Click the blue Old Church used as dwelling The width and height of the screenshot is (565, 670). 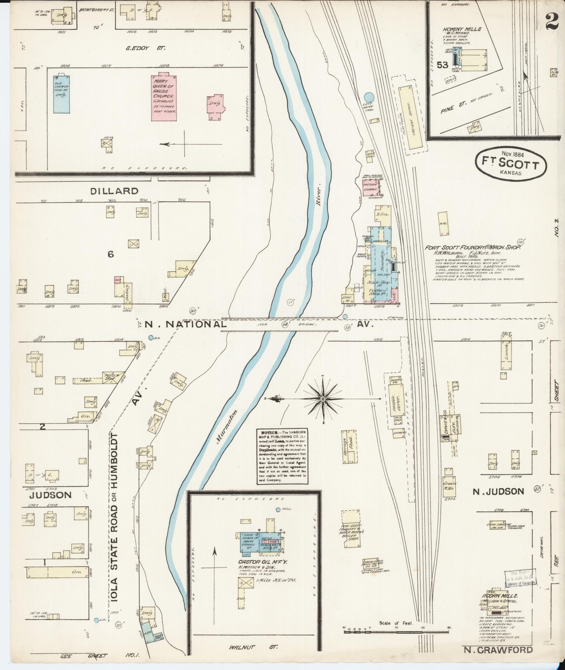tap(61, 94)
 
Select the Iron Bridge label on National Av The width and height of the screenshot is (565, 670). tap(264, 325)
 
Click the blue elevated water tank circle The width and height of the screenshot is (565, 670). tap(368, 97)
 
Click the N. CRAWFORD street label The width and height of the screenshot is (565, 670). tap(498, 650)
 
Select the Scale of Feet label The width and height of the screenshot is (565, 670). tap(396, 623)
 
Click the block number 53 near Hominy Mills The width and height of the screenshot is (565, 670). tap(442, 65)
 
